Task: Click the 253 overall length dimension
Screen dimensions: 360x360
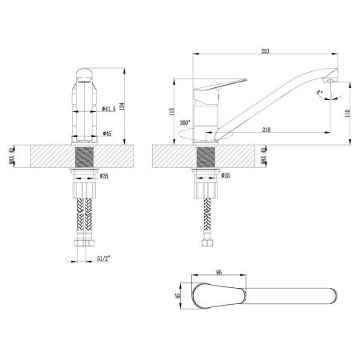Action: pyautogui.click(x=265, y=51)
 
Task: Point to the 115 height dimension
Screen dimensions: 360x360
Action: pyautogui.click(x=172, y=113)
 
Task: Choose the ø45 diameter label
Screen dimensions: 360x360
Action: pyautogui.click(x=107, y=133)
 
